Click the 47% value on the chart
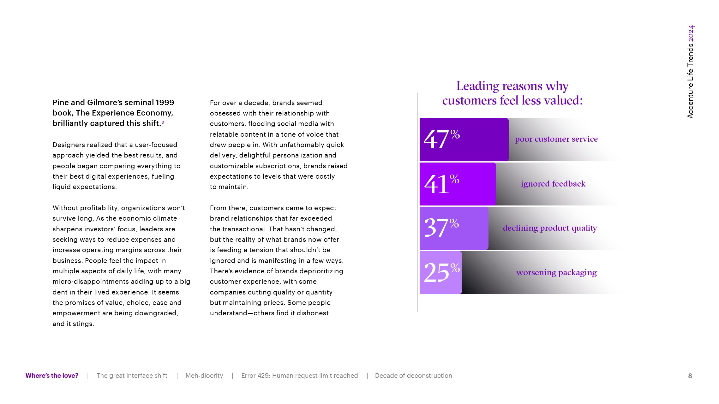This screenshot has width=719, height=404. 441,139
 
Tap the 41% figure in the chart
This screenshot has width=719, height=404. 441,184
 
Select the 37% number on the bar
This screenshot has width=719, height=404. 441,228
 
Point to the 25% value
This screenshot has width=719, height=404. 441,272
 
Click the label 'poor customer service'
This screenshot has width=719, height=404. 556,139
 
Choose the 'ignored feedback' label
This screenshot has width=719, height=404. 553,184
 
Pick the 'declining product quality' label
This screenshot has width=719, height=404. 550,228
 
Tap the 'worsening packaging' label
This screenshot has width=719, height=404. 556,272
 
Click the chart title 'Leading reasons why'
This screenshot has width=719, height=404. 512,86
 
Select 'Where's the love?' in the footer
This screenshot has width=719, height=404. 52,376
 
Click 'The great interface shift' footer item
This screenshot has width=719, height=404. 132,376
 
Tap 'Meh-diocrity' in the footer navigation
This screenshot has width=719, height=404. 204,376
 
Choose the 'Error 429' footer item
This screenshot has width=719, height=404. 299,376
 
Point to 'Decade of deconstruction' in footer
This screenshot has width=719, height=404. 413,376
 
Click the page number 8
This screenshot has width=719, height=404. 690,376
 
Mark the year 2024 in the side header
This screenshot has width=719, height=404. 691,33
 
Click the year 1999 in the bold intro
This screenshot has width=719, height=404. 165,103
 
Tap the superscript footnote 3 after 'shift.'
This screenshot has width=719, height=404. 163,122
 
